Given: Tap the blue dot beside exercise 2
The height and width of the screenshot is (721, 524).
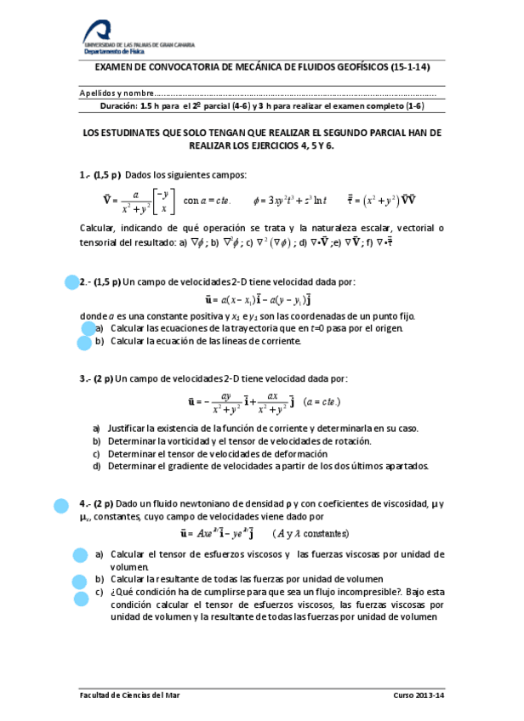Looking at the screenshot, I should click(71, 283).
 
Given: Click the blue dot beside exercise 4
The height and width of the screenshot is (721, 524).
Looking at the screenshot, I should click(60, 506).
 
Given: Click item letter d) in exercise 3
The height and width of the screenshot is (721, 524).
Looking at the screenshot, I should click(97, 465).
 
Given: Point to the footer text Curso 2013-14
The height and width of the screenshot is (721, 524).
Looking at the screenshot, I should click(418, 695).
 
